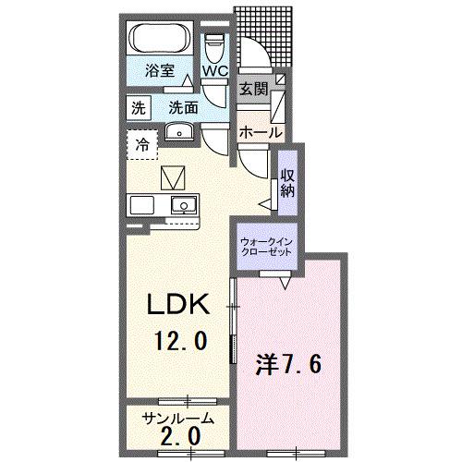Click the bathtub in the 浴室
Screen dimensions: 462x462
(161, 39)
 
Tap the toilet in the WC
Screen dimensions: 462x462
(214, 47)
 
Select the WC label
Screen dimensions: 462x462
(215, 71)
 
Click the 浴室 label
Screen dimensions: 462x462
(160, 70)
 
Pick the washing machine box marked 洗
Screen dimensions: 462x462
(139, 108)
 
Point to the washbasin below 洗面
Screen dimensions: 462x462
(179, 132)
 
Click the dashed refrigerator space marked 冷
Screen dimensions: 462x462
(142, 144)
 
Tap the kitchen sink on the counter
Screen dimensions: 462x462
(184, 205)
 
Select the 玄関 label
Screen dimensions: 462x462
(254, 90)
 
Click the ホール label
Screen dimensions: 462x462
(261, 132)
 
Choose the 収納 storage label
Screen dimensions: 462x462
(287, 183)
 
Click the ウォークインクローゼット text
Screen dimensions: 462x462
(267, 247)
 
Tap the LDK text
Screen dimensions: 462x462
(178, 304)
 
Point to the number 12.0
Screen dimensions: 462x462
(180, 340)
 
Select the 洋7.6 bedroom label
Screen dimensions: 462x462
(288, 365)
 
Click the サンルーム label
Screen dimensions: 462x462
(177, 419)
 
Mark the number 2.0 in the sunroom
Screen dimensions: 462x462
(180, 437)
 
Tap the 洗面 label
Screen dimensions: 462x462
(183, 108)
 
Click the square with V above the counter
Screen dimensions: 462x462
(173, 177)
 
